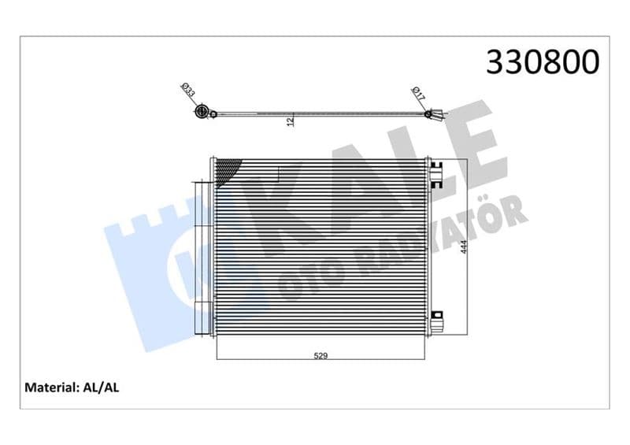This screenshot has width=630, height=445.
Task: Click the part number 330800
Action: pyautogui.click(x=543, y=62)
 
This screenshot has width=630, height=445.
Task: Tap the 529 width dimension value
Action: pyautogui.click(x=321, y=356)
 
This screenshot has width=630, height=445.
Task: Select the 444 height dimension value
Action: pyautogui.click(x=464, y=247)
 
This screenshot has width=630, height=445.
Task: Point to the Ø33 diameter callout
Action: pyautogui.click(x=188, y=90)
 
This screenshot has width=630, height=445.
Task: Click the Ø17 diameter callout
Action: pyautogui.click(x=418, y=93)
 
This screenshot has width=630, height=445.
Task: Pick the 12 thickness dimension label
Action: pyautogui.click(x=291, y=121)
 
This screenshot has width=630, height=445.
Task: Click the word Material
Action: pyautogui.click(x=51, y=388)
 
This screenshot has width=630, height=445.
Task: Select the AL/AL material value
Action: pyautogui.click(x=101, y=388)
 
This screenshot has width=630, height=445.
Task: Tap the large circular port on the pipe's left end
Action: pyautogui.click(x=201, y=111)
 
